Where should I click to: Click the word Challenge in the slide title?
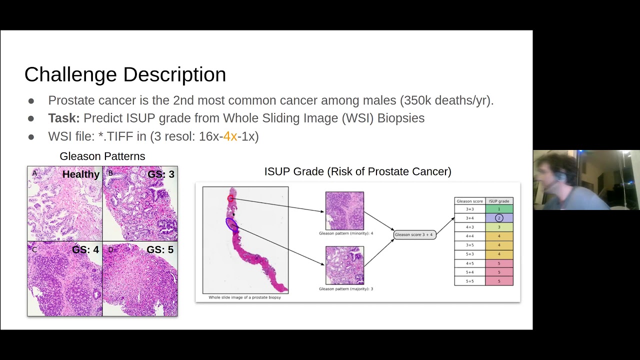(70, 74)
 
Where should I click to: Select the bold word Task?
(63, 118)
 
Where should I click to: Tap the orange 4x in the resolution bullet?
(230, 136)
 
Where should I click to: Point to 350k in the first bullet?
(415, 100)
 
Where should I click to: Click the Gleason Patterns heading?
(102, 156)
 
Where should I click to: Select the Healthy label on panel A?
(80, 174)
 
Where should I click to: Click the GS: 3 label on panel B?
(161, 174)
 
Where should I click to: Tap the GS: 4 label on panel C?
(85, 249)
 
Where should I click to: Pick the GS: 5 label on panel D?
(160, 249)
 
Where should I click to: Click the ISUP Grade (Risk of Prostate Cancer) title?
(357, 172)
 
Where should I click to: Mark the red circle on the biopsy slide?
(230, 199)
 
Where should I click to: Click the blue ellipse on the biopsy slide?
(231, 223)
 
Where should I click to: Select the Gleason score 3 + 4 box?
(414, 234)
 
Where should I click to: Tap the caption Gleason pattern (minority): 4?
(346, 233)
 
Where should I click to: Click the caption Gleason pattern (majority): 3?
(346, 289)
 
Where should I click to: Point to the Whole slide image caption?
(244, 297)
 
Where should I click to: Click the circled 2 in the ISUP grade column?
(498, 218)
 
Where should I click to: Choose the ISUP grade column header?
(498, 201)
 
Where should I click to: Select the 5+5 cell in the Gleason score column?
(469, 281)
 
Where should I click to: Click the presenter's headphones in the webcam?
(562, 177)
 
